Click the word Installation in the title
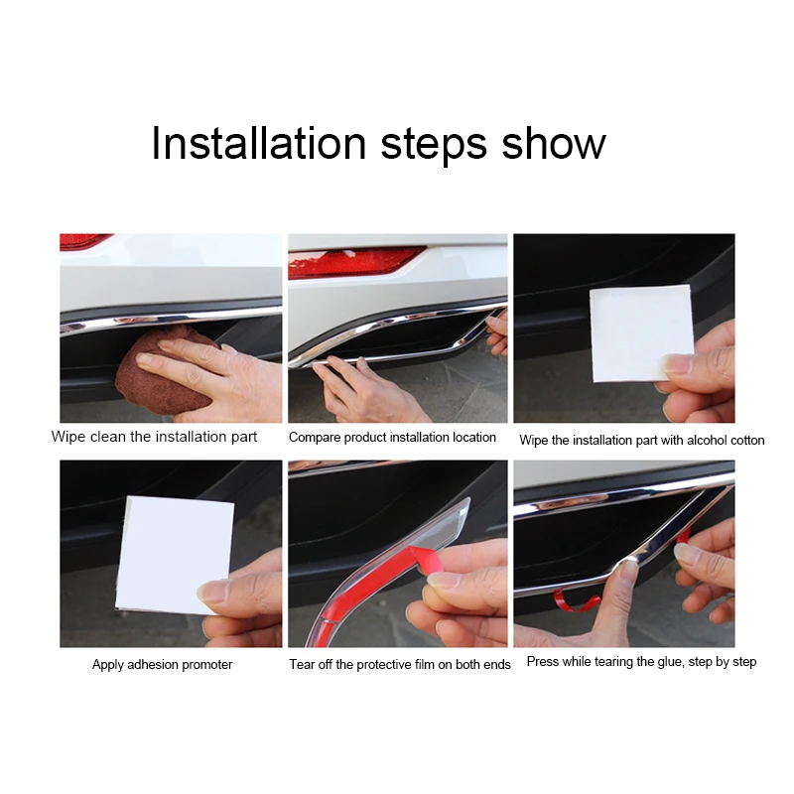pos(258,143)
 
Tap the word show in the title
pos(554,143)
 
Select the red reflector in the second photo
pos(354,262)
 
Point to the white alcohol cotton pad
pos(641,333)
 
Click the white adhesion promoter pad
pos(175,555)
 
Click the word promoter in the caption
pos(207,664)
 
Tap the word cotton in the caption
pos(747,440)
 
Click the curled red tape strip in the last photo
pos(577,600)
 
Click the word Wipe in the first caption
pos(68,437)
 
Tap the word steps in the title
pos(434,145)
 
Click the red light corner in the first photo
pos(85,241)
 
